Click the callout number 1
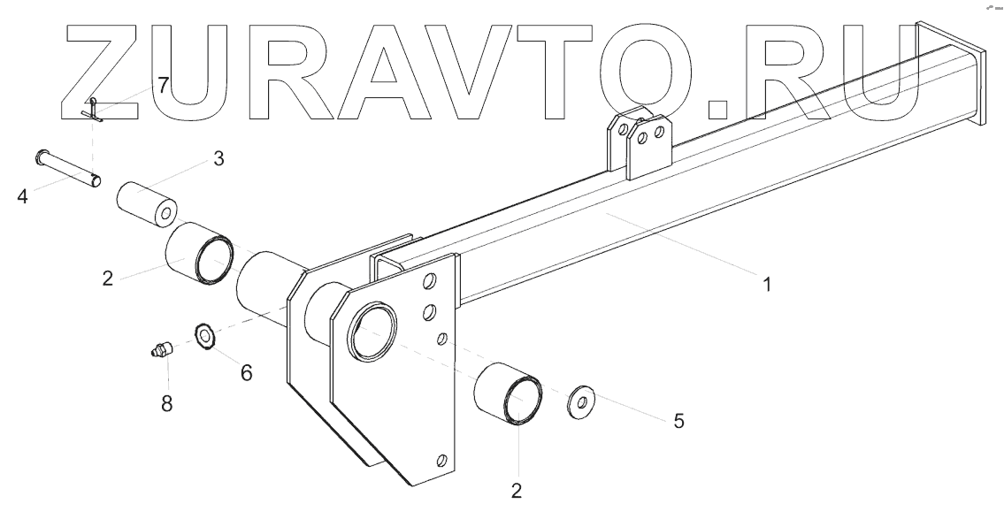point(767,285)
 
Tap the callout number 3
point(218,159)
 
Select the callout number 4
point(21,195)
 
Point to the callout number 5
point(678,421)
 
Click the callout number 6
point(246,373)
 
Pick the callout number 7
point(163,86)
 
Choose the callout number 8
point(166,403)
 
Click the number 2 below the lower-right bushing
point(517,490)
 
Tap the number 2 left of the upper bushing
point(107,278)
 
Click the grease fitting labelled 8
point(160,351)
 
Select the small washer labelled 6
point(204,335)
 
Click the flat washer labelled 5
point(580,402)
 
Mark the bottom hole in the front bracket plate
point(441,461)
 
